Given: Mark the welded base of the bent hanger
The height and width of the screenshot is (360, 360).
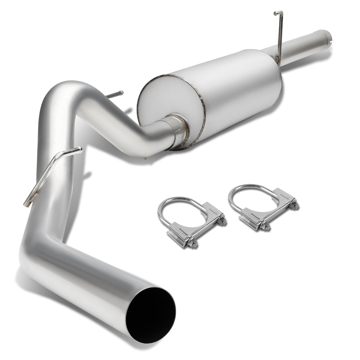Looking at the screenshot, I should (x=31, y=198).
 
